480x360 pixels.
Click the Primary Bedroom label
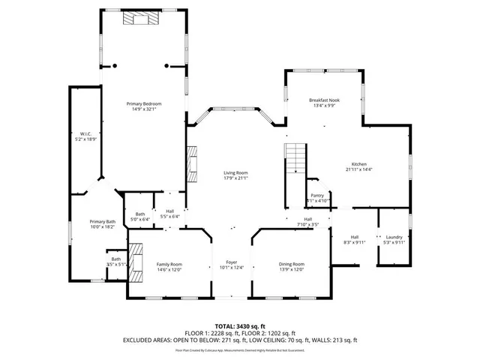[x=144, y=103]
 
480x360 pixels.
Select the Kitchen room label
[x=360, y=164]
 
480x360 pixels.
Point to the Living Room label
[x=235, y=173]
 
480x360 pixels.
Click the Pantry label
[x=317, y=196]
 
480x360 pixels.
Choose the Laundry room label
[x=394, y=238]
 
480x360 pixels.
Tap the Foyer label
[x=232, y=263]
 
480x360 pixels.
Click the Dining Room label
[x=292, y=264]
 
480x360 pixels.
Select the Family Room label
[x=169, y=264]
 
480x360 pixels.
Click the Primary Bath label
[x=102, y=221]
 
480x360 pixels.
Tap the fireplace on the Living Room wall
[x=193, y=163]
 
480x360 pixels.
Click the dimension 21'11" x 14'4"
[x=360, y=169]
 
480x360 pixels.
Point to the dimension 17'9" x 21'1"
[x=235, y=178]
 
